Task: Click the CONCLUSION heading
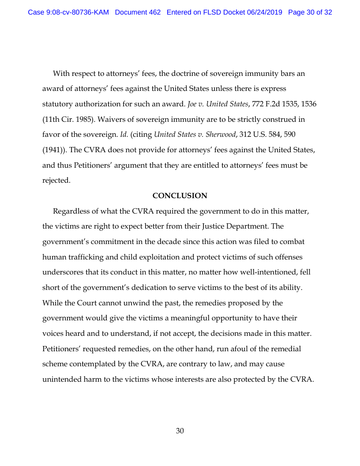(x=180, y=195)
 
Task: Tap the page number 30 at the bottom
(x=180, y=431)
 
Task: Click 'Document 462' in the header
(x=138, y=12)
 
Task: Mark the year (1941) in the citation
(x=53, y=150)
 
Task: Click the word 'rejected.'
(x=56, y=180)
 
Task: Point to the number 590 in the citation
(x=289, y=135)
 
